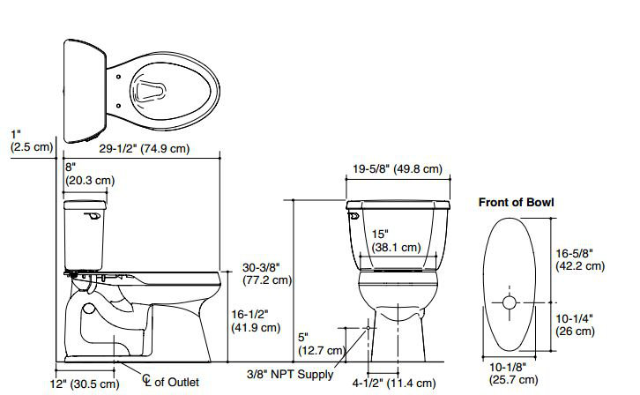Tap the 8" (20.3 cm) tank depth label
click(x=90, y=173)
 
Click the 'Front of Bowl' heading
click(x=516, y=202)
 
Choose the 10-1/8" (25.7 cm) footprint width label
click(x=510, y=373)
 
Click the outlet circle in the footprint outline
click(x=510, y=302)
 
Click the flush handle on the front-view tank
click(x=353, y=213)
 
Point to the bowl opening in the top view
click(x=153, y=88)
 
